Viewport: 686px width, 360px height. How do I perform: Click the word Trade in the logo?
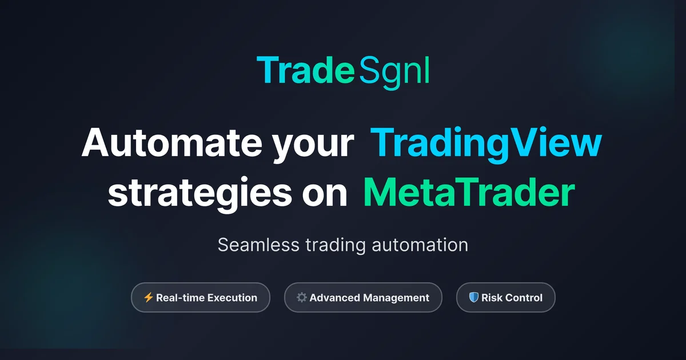pos(306,70)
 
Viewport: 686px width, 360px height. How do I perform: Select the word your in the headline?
pos(313,145)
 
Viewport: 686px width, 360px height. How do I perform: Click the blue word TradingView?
pos(486,144)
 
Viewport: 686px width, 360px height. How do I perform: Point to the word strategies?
pos(200,194)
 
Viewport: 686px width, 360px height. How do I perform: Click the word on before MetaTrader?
pos(325,197)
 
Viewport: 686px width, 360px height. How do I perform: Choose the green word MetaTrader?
pos(469,193)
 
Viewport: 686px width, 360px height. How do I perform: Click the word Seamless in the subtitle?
pos(258,245)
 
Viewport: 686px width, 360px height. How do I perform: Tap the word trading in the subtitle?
pos(336,246)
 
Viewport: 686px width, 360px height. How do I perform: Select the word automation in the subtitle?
pos(420,245)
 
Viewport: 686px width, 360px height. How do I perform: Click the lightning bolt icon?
pos(149,297)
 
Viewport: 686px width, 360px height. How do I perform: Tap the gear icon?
pos(302,297)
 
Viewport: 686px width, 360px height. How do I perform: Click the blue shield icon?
pos(474,297)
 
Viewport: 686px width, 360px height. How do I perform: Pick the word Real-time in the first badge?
pos(177,298)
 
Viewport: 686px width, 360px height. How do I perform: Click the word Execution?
pos(229,298)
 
